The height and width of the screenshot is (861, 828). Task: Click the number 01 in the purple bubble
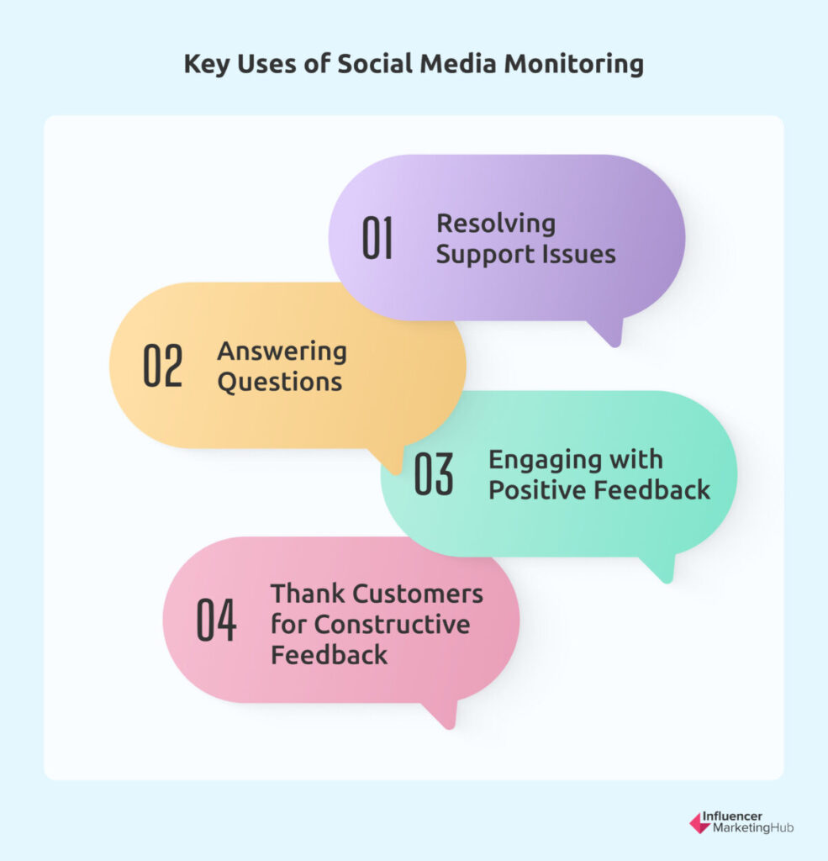coord(377,238)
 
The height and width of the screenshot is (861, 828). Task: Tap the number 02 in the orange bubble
coord(162,366)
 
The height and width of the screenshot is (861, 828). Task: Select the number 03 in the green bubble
coord(434,474)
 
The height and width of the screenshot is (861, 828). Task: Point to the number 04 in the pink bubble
coord(216,620)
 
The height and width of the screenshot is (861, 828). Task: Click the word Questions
coord(279,383)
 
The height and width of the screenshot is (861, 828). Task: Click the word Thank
coord(308,594)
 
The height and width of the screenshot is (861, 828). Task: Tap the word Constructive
coord(392,625)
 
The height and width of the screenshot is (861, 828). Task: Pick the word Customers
coord(417,594)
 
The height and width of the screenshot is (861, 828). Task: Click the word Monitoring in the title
coord(574,65)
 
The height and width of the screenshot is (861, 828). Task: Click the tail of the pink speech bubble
coord(444,715)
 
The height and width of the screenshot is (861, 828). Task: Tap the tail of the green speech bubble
coord(661,569)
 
